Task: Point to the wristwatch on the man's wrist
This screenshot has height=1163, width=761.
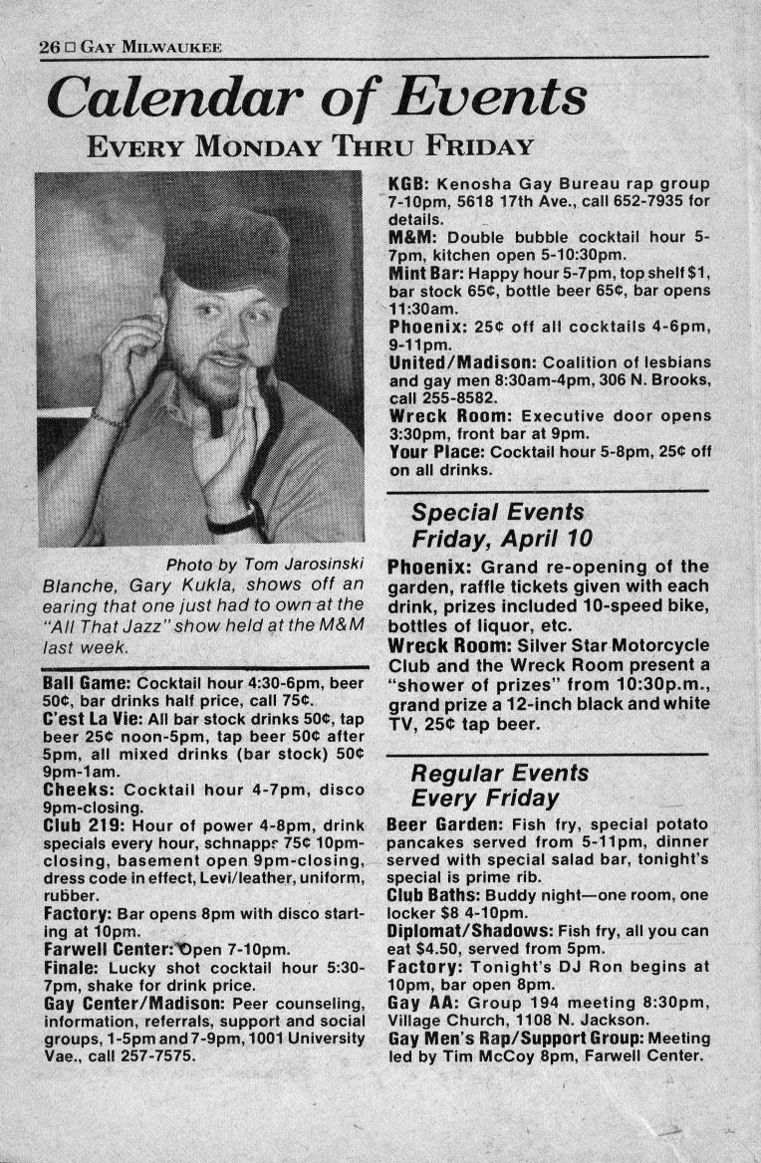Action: pyautogui.click(x=239, y=519)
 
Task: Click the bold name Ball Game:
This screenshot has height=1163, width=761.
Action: pyautogui.click(x=86, y=684)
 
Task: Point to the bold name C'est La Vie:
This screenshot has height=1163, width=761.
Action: pyautogui.click(x=91, y=718)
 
